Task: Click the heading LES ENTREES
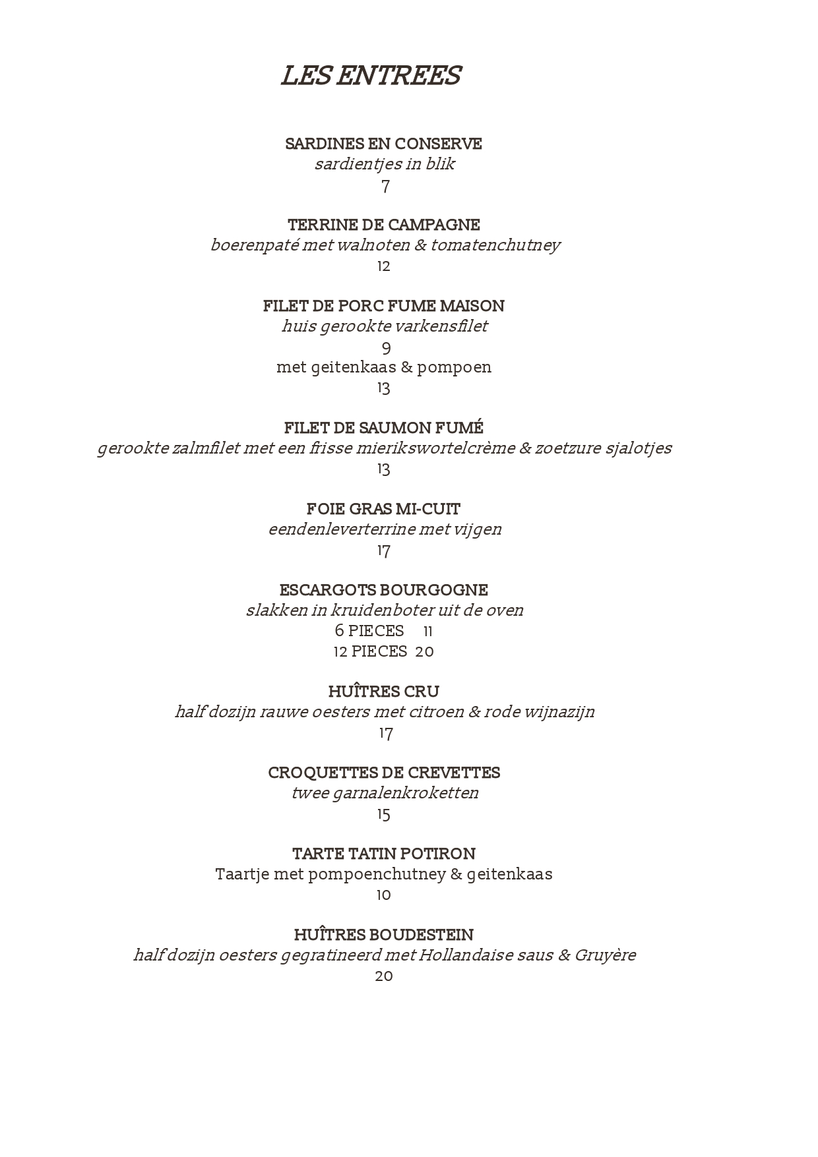(x=371, y=76)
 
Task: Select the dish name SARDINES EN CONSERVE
(x=383, y=144)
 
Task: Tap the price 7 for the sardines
(x=385, y=187)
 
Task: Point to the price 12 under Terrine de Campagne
(x=384, y=266)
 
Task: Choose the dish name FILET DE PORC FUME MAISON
(x=383, y=306)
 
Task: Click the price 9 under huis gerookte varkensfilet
(x=387, y=347)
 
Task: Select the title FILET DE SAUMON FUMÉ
(x=383, y=428)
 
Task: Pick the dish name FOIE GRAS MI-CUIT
(x=383, y=509)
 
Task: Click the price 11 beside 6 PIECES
(x=428, y=632)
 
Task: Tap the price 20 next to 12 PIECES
(x=424, y=652)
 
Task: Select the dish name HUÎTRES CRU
(x=383, y=692)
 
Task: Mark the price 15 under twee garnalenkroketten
(x=384, y=815)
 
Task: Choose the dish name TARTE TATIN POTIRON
(x=383, y=854)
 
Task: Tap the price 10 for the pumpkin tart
(x=383, y=895)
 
